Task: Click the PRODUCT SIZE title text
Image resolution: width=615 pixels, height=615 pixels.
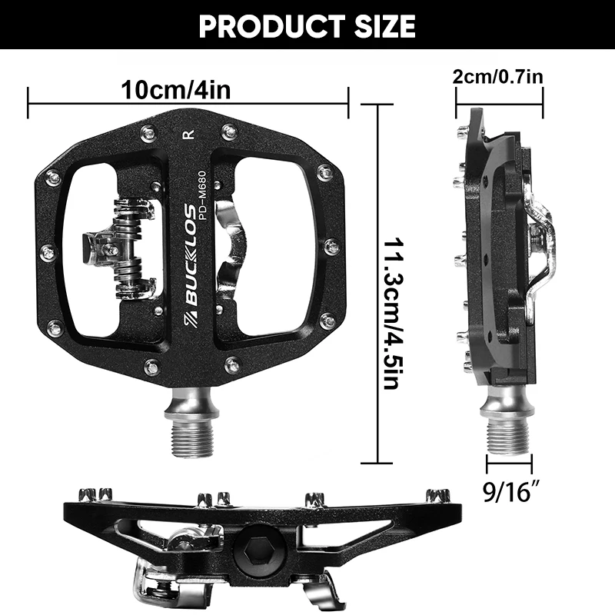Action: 307,26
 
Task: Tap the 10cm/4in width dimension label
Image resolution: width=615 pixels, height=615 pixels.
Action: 176,89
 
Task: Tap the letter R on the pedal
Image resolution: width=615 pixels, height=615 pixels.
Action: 188,135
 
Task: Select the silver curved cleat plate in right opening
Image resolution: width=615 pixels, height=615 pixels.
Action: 231,246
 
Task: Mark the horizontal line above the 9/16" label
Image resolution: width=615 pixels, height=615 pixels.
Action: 507,464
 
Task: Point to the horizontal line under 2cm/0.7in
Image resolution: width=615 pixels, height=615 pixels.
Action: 500,97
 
